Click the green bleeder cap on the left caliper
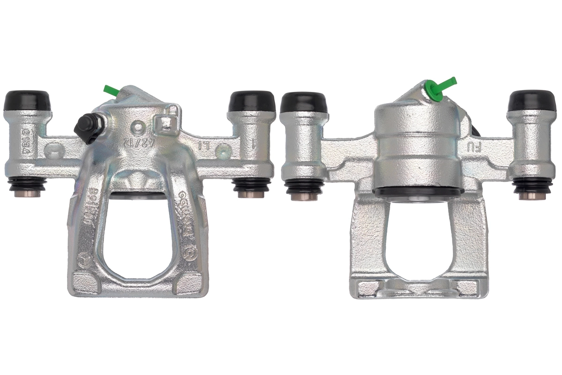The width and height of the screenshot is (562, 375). [111, 90]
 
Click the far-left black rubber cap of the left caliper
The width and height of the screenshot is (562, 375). [27, 100]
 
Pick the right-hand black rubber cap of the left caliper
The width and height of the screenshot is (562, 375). [251, 100]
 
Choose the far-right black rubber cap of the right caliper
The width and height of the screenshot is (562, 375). [531, 100]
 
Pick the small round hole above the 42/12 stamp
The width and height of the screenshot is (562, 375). [137, 126]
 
